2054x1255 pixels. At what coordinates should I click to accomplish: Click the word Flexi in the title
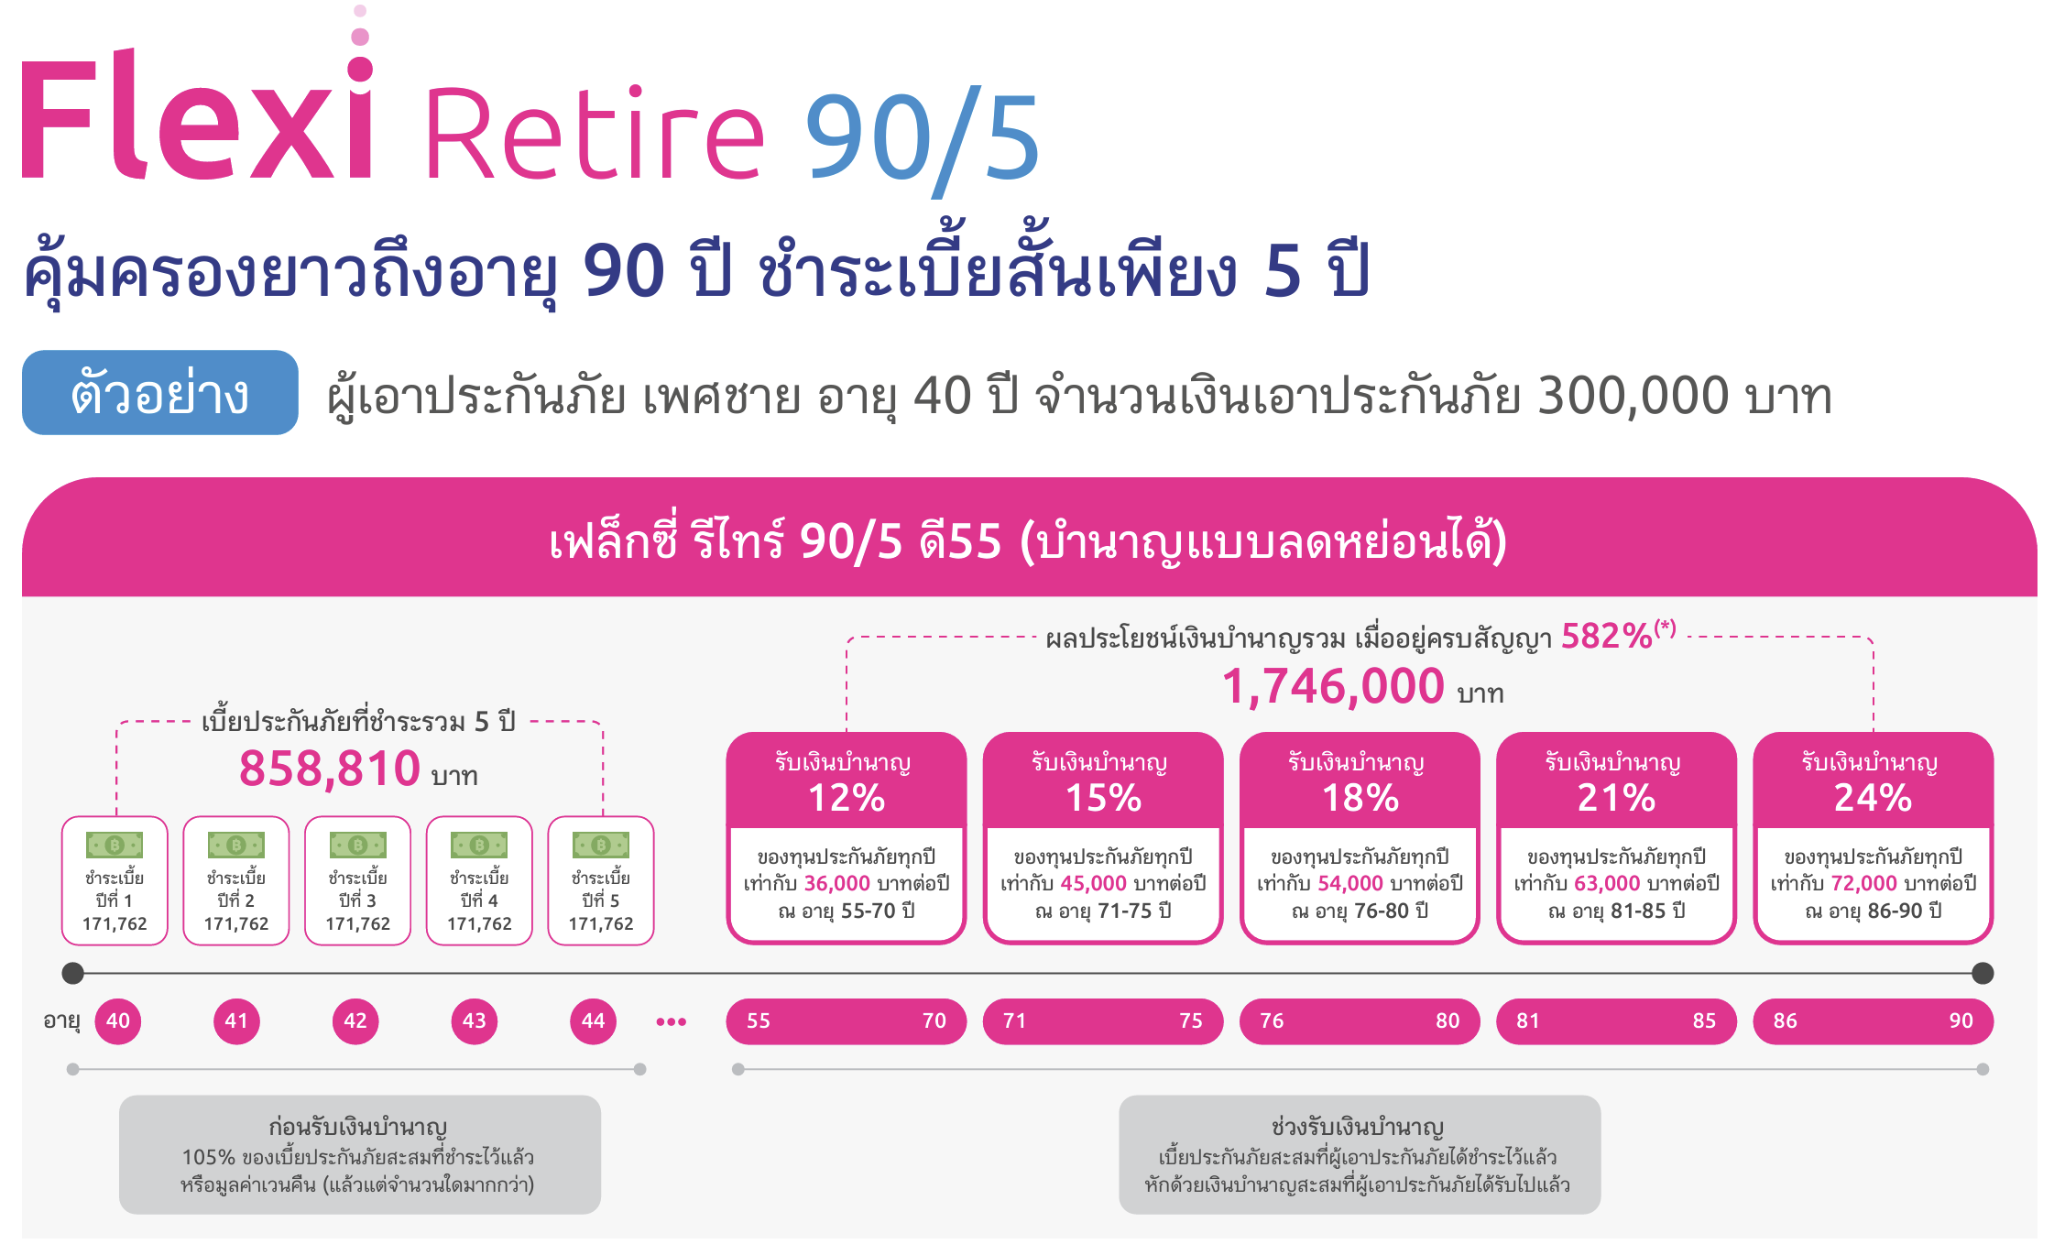click(197, 115)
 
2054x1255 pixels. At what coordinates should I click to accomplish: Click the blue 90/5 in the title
click(922, 137)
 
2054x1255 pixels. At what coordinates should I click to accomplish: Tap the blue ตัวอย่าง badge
click(160, 392)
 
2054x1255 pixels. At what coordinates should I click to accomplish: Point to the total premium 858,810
click(330, 768)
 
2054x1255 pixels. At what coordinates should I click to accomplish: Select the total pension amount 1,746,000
click(1333, 686)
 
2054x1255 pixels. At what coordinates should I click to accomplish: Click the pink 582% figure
click(1607, 636)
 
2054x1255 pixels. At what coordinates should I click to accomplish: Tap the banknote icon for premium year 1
click(115, 845)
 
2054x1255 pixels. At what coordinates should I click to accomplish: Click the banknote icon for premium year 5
click(601, 845)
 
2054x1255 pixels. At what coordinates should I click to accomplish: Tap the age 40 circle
click(118, 1020)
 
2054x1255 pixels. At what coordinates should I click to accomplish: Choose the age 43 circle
click(475, 1020)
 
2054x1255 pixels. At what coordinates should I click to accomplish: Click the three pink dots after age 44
click(672, 1021)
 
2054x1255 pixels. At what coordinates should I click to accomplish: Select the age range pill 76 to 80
click(1360, 1020)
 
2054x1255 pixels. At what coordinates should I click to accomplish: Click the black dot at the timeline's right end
click(1983, 973)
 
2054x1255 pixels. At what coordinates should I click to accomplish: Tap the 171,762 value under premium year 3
click(357, 923)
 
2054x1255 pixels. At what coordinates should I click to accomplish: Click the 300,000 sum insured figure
click(1633, 396)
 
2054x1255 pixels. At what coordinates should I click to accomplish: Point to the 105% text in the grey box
click(209, 1157)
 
